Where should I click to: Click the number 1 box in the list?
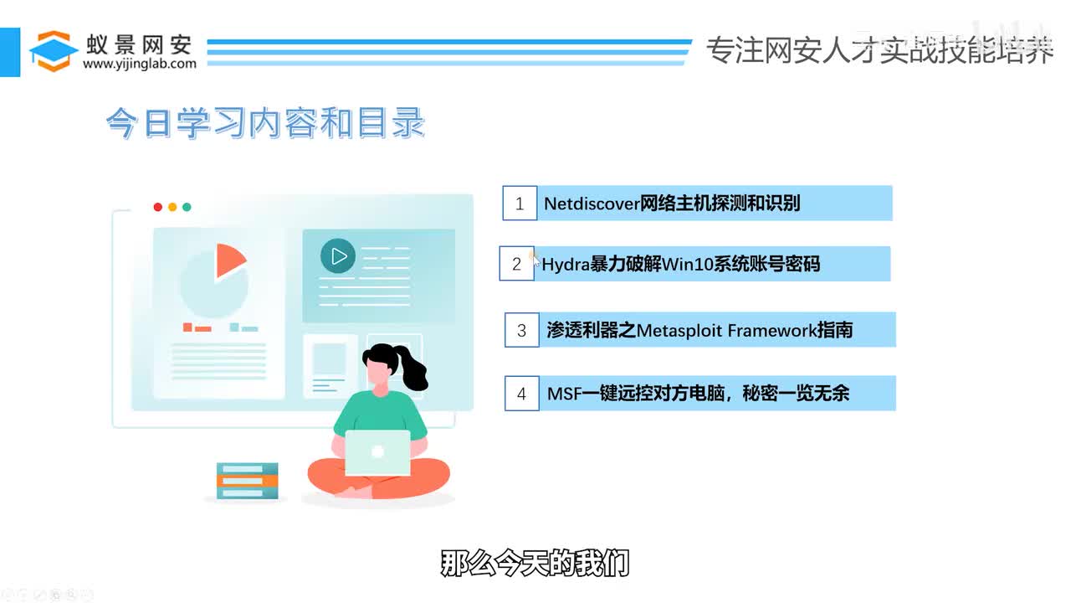(x=520, y=204)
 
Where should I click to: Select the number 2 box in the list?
(x=516, y=264)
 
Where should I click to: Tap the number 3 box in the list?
(x=521, y=330)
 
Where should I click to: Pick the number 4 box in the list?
(x=521, y=394)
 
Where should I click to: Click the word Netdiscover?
(x=592, y=204)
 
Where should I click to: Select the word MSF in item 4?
(x=564, y=394)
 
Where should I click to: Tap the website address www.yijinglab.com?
(x=140, y=64)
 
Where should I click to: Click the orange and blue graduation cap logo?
(x=54, y=50)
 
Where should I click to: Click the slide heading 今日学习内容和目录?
(x=265, y=124)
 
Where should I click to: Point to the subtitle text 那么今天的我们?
(x=535, y=564)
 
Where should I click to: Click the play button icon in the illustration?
(x=338, y=256)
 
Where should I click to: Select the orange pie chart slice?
(x=229, y=260)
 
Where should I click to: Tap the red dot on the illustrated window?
(x=158, y=207)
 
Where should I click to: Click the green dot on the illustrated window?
(x=187, y=207)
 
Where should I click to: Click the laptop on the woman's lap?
(x=377, y=452)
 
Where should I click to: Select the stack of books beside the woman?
(x=247, y=481)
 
